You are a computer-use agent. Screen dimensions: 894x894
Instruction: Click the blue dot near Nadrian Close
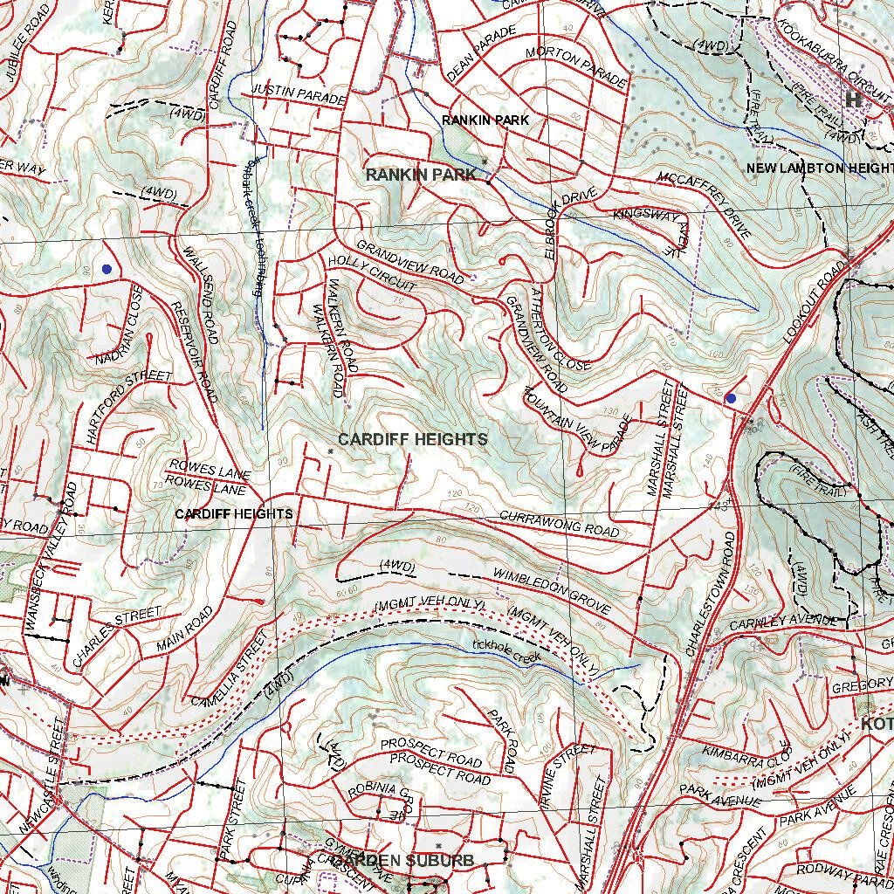tap(107, 269)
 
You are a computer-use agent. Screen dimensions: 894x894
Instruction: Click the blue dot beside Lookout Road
tap(731, 398)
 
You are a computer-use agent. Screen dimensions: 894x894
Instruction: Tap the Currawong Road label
tap(559, 524)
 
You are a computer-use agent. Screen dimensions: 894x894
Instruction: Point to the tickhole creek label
tap(506, 650)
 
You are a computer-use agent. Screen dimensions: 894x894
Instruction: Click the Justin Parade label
tap(299, 93)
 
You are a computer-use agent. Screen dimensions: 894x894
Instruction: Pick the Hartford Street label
tap(128, 403)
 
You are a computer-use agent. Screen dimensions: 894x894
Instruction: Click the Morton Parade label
tap(576, 68)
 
